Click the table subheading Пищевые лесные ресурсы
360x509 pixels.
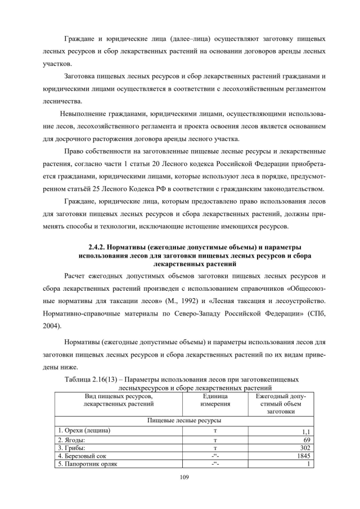[184, 420]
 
